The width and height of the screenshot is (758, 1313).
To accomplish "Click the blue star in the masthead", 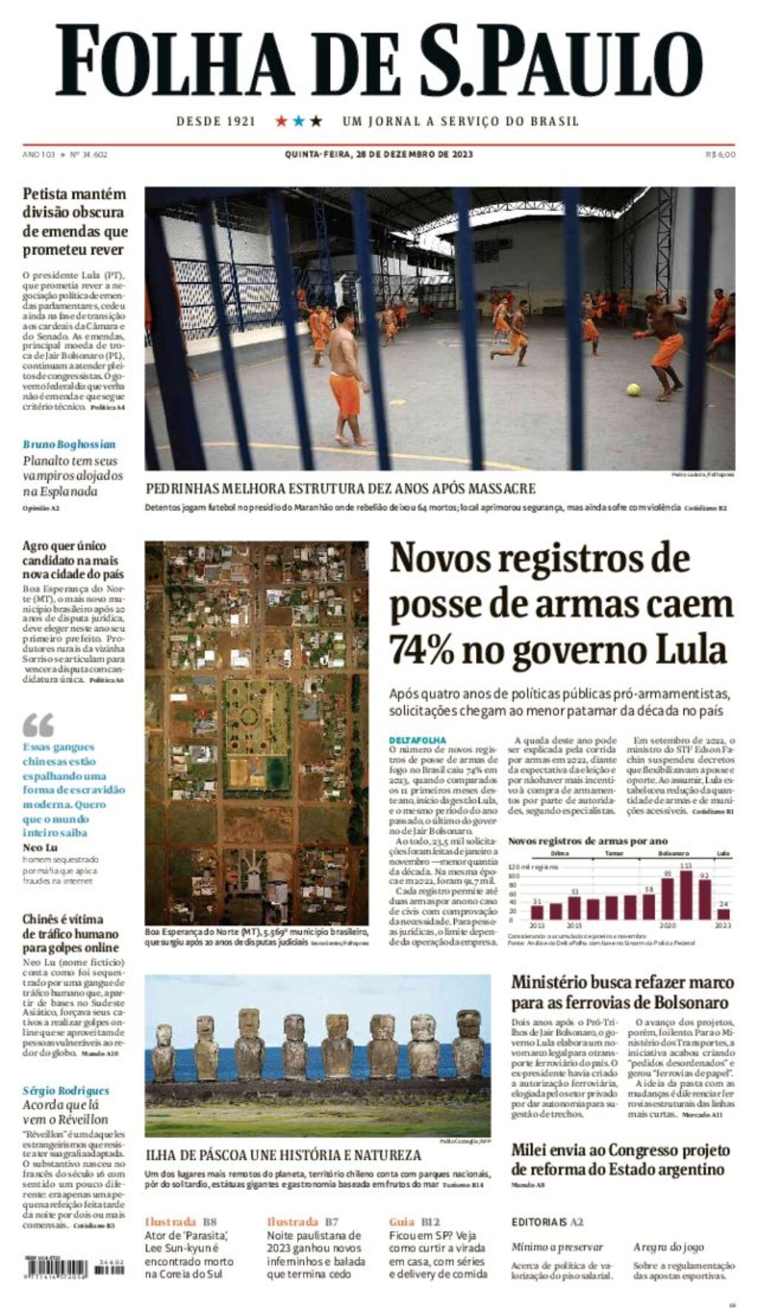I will pyautogui.click(x=298, y=121).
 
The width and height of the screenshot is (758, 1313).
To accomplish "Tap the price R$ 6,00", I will pyautogui.click(x=720, y=155).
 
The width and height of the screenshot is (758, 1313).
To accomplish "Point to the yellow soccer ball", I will pyautogui.click(x=634, y=389).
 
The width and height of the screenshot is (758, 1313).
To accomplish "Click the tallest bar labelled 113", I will pyautogui.click(x=686, y=894).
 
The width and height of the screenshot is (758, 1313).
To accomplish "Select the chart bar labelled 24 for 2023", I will pyautogui.click(x=723, y=913).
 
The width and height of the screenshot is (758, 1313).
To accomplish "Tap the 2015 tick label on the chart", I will pyautogui.click(x=574, y=926).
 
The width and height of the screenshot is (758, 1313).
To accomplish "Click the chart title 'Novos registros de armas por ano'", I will pyautogui.click(x=588, y=841).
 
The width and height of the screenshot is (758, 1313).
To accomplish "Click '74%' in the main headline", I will pyautogui.click(x=421, y=650).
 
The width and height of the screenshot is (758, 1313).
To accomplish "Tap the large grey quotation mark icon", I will pyautogui.click(x=38, y=724).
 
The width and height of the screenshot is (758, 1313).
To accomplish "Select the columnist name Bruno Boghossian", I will pyautogui.click(x=69, y=444).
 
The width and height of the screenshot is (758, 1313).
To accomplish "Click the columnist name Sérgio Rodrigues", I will pyautogui.click(x=66, y=1090).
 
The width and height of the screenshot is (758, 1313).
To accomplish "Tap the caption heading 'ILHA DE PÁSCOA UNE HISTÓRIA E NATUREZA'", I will pyautogui.click(x=284, y=1155).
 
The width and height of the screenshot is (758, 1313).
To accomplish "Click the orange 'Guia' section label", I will pyautogui.click(x=402, y=1221).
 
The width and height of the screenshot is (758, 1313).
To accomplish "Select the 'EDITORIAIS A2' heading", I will pyautogui.click(x=547, y=1222).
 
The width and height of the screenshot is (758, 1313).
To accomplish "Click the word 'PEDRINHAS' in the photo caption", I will pyautogui.click(x=184, y=489).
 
